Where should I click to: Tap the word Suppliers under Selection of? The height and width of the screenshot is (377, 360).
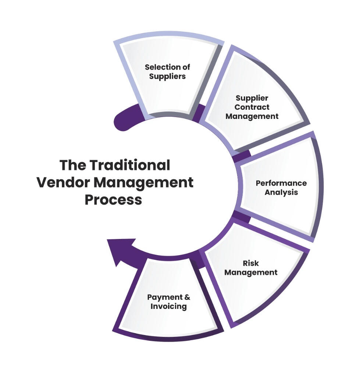coord(167,77)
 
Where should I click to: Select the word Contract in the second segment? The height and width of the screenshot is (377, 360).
coord(252,107)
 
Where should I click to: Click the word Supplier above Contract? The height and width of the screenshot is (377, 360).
coord(252,98)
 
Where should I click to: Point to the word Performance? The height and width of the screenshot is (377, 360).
coord(281,183)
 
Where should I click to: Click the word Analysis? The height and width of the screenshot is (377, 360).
coord(281,192)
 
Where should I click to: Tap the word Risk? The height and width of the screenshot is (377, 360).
coord(251,263)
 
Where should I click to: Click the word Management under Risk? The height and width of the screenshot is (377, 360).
coord(251,272)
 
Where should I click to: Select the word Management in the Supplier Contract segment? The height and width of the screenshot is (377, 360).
coord(252,116)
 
